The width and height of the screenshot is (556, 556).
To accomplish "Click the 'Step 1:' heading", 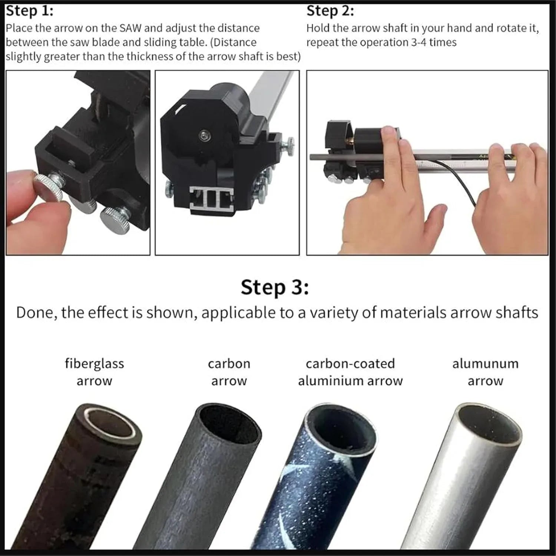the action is pos(29,11).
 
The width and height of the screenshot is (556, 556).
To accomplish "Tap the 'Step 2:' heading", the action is pos(330,11).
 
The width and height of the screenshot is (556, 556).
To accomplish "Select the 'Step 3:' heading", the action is pos(275,287).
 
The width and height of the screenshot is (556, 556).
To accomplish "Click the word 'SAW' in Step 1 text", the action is pos(130,28).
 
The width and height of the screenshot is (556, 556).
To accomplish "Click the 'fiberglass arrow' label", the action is pos(95,372).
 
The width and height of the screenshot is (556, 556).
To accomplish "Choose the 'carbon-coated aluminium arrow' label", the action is pos(350,372).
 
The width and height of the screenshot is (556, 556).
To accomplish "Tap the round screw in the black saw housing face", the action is pos(203,135).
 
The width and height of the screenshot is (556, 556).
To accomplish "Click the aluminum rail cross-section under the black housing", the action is pos(212,199).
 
